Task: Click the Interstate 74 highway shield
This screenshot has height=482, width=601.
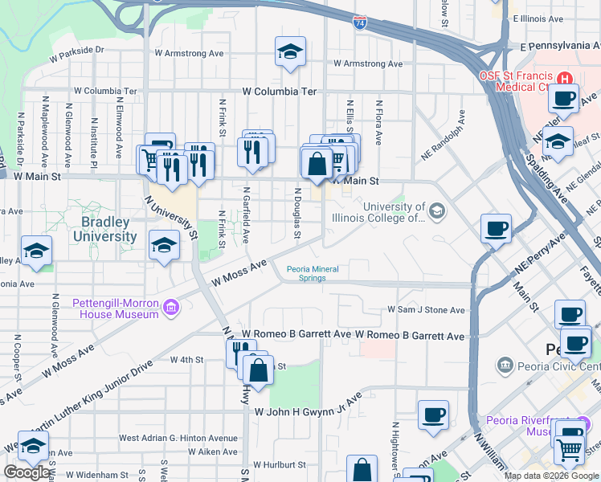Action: coord(359,24)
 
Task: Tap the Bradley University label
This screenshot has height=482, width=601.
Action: coord(104,229)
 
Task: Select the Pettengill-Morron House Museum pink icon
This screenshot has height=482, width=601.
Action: coord(170,308)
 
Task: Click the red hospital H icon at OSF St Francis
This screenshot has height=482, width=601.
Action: coord(566,79)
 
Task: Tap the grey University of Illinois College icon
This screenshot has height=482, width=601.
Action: coord(437,211)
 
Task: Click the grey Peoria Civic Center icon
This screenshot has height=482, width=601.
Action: coord(505,366)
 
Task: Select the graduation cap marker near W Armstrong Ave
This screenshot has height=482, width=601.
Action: coord(290,53)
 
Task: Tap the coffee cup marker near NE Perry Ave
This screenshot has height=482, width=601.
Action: coord(496,228)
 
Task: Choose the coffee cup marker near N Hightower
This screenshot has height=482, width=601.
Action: coord(433,415)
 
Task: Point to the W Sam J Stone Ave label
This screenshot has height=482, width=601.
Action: coord(426,309)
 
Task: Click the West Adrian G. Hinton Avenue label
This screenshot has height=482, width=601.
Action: coord(178,438)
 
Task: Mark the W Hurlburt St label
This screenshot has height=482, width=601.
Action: coord(280,464)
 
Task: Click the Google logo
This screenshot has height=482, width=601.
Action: coord(27,472)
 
